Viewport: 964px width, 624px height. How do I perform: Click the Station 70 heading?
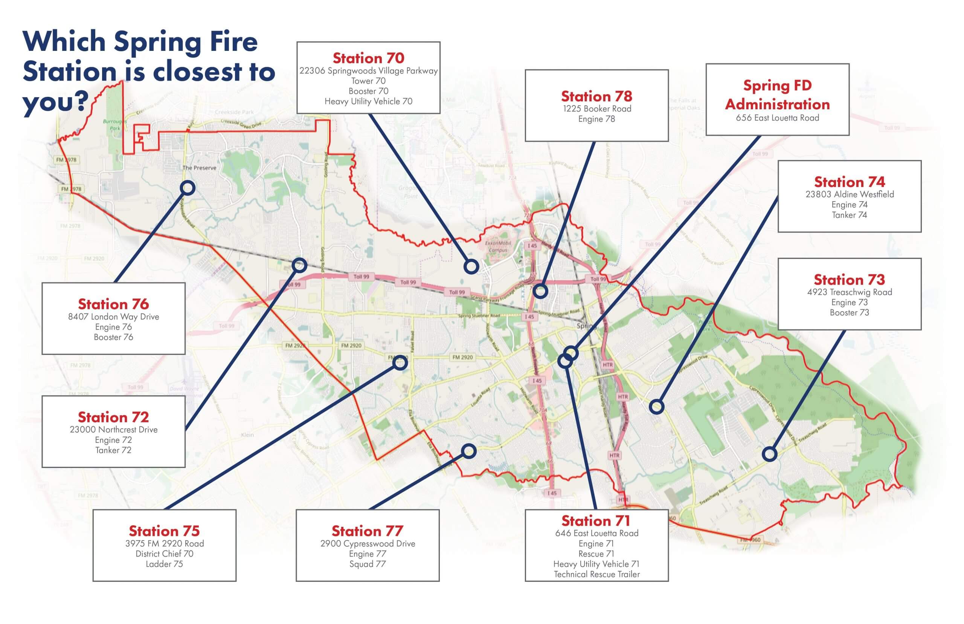[x=368, y=58]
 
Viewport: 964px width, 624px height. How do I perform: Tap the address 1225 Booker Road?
[x=596, y=109]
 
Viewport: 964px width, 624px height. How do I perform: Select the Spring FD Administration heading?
[x=777, y=95]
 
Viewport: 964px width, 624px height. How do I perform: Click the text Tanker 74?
[x=849, y=215]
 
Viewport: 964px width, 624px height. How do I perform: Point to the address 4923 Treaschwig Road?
[x=849, y=292]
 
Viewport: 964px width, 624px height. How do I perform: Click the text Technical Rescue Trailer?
[x=596, y=574]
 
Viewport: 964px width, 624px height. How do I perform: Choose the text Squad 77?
[x=367, y=564]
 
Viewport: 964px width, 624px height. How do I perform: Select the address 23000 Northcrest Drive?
[x=113, y=430]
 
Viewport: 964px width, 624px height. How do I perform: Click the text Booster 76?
[x=113, y=337]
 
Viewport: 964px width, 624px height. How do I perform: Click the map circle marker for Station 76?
[x=188, y=188]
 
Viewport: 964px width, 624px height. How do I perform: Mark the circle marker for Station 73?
[x=769, y=454]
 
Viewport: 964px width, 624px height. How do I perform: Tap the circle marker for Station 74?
[x=656, y=407]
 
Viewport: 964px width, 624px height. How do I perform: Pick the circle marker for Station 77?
[x=468, y=451]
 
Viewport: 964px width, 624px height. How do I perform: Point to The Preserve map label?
[x=199, y=168]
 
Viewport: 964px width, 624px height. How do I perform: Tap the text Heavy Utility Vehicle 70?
[x=368, y=101]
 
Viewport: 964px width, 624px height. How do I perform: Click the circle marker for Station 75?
[x=400, y=362]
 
